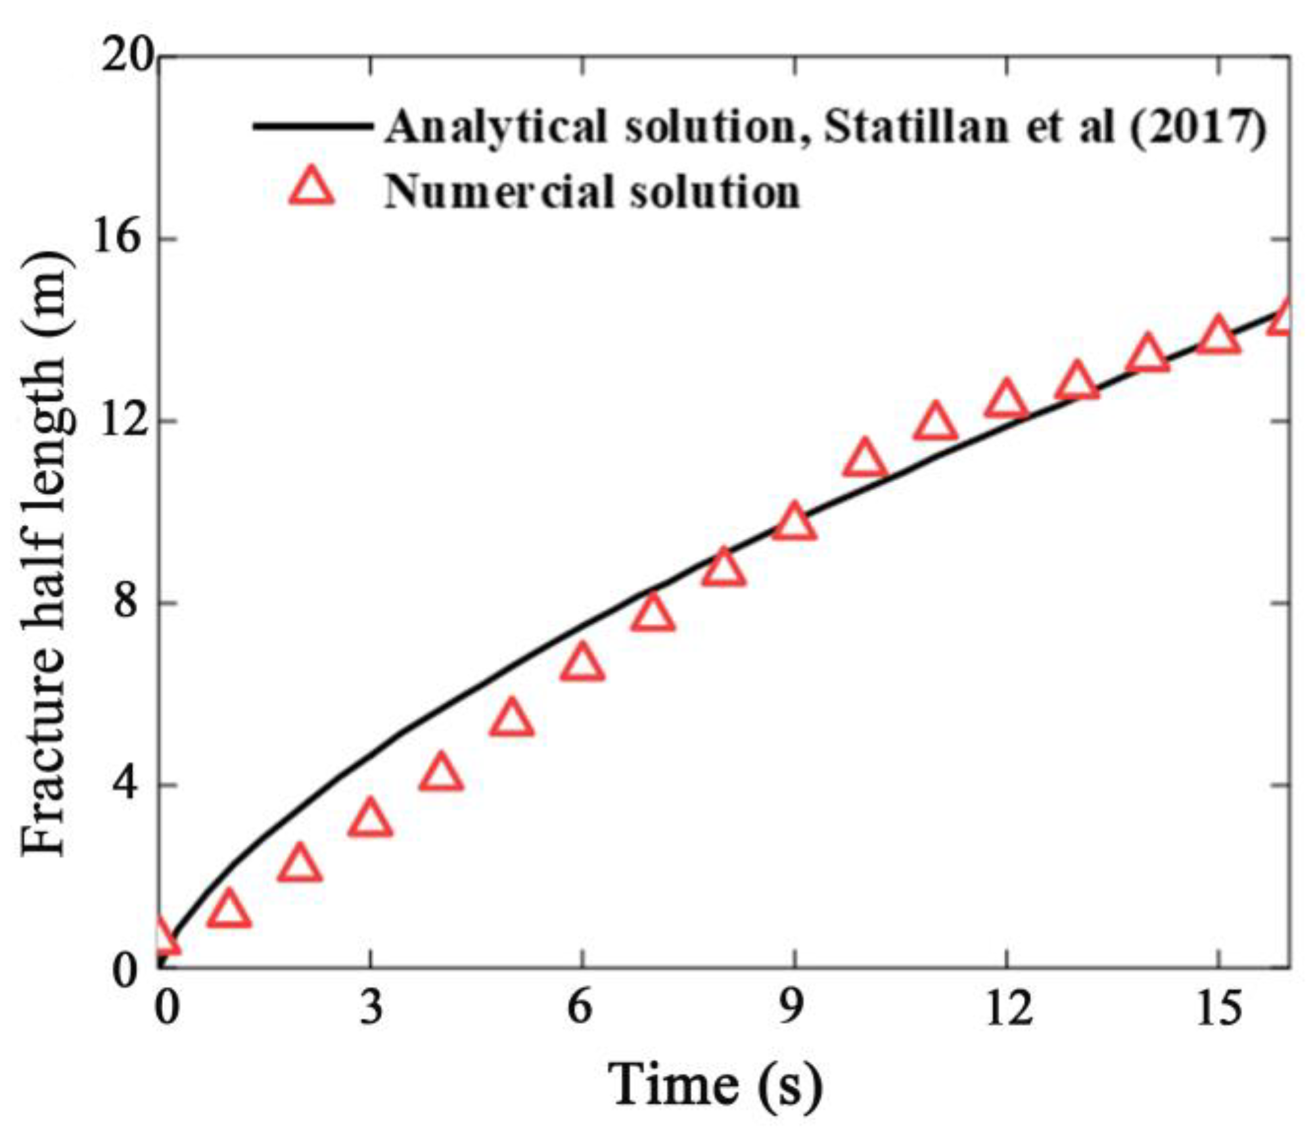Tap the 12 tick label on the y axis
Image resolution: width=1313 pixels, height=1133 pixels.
(125, 421)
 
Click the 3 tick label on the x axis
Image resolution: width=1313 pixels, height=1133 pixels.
(371, 1007)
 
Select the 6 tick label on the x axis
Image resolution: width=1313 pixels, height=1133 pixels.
(581, 1007)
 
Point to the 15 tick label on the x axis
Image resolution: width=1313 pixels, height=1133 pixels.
(1218, 1007)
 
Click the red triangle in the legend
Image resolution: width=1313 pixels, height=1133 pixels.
(312, 189)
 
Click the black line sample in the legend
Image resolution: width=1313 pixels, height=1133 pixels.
(312, 126)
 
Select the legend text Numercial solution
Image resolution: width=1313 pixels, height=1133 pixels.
(592, 192)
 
